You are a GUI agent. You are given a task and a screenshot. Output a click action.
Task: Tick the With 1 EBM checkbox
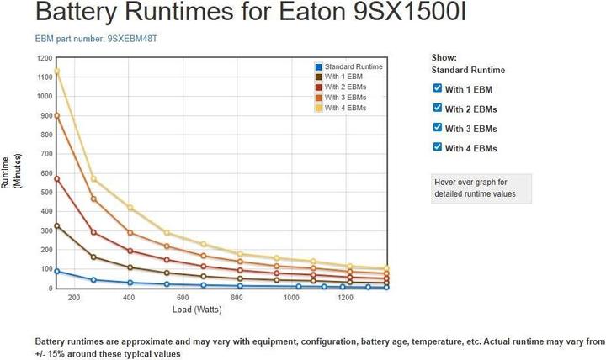(x=437, y=88)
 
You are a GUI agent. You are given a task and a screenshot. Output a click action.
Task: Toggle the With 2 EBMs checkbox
(x=437, y=108)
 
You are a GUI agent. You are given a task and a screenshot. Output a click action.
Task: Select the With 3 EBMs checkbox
(x=437, y=128)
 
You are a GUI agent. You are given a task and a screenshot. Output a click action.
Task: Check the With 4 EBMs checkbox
(x=437, y=147)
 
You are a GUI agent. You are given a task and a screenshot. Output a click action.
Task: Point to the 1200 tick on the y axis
(x=44, y=58)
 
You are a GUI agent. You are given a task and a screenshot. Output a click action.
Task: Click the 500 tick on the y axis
(x=45, y=193)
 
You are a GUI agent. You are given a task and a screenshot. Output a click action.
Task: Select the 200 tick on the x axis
(x=74, y=298)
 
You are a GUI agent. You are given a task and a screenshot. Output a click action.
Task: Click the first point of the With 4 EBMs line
(x=57, y=71)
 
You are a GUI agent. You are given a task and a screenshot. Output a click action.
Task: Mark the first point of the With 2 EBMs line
(x=57, y=178)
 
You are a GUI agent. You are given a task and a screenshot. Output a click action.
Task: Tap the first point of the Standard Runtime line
(x=57, y=271)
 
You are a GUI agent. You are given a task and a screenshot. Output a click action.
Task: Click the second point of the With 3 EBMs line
(x=93, y=199)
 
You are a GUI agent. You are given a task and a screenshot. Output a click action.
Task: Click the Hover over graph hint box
(x=481, y=188)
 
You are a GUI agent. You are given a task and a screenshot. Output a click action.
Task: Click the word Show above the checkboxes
(x=444, y=56)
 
